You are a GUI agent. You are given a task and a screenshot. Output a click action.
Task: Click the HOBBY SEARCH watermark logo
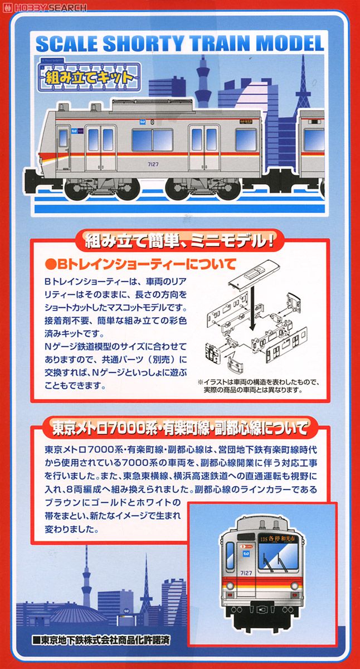pos(45,7)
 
